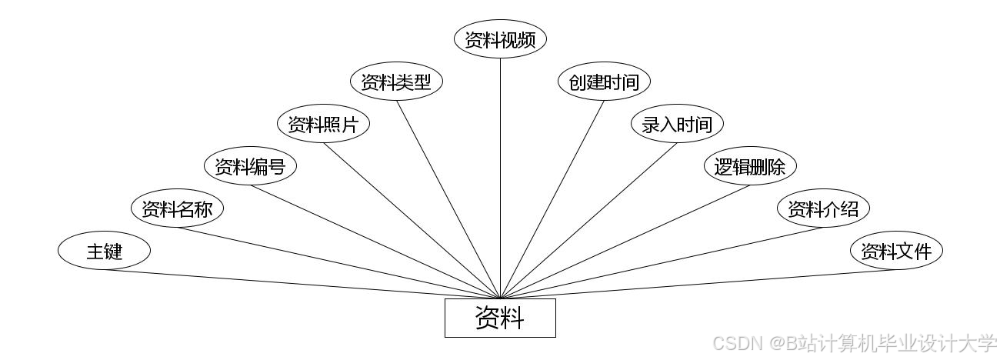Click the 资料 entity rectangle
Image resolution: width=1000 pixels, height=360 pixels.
coord(500,318)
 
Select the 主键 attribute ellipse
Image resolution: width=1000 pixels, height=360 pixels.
coord(104,251)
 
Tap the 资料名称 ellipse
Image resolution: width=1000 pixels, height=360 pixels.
coord(177,208)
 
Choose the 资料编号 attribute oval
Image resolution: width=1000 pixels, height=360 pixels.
coord(250,166)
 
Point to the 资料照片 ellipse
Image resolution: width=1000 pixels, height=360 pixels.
coord(323,125)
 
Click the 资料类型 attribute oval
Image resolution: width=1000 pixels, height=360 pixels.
coord(396,82)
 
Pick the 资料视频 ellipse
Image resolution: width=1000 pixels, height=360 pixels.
coord(500,40)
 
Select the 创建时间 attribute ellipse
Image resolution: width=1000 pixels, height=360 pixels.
coord(604,82)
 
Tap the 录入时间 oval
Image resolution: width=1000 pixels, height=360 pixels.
coord(677,125)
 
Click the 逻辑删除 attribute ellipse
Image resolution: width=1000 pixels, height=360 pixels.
coord(750,166)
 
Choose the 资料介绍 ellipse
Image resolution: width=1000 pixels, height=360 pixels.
coord(823,208)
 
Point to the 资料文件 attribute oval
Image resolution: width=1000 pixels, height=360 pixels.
coord(896,251)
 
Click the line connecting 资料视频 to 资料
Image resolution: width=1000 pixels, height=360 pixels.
coord(500,177)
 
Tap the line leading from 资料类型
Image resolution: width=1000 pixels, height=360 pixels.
coord(448,198)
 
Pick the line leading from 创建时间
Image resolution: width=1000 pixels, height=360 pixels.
coord(552,198)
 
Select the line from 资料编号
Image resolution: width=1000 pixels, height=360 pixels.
coord(375,240)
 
